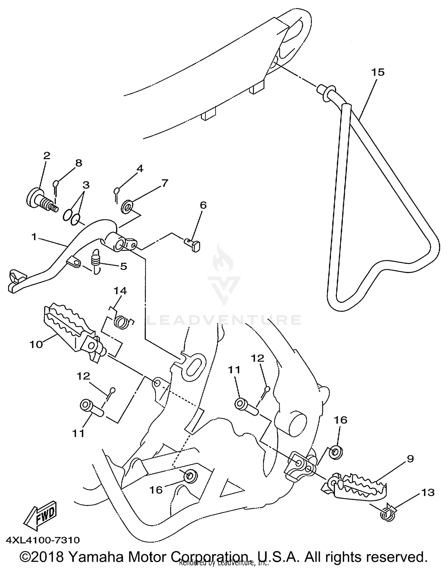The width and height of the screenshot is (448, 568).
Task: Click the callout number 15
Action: point(378,72)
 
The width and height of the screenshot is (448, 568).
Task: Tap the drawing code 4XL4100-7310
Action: point(43,540)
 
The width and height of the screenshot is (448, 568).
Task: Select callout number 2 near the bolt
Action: point(47,156)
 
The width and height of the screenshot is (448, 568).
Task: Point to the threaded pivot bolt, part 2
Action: point(42,200)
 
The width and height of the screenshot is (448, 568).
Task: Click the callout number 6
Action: point(203,205)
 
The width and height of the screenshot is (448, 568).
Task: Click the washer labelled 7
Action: point(128,207)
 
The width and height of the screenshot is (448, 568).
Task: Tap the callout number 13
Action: point(428,492)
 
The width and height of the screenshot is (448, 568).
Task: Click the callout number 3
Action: point(86,185)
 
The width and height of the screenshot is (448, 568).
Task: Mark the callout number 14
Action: point(120,291)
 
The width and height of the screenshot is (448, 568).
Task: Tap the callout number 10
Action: point(36,344)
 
